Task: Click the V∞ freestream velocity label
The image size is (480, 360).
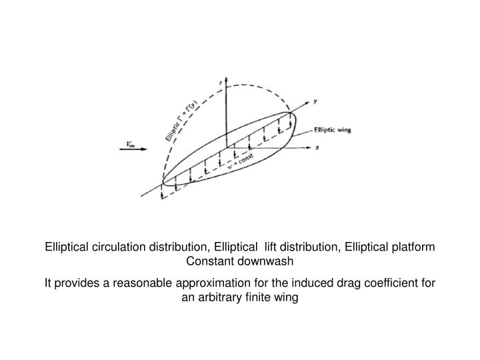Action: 131,144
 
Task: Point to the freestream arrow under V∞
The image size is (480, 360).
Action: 133,149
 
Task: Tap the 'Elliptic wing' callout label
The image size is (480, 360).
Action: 333,130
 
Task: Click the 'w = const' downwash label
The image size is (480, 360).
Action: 241,161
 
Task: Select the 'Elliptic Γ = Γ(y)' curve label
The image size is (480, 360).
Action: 181,121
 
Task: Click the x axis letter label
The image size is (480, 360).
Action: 317,147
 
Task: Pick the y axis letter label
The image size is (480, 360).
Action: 315,101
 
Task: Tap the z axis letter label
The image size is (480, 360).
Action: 221,83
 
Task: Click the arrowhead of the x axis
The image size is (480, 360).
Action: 309,147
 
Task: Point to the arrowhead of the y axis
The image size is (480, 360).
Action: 307,103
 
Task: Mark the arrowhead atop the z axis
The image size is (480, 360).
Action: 226,79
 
